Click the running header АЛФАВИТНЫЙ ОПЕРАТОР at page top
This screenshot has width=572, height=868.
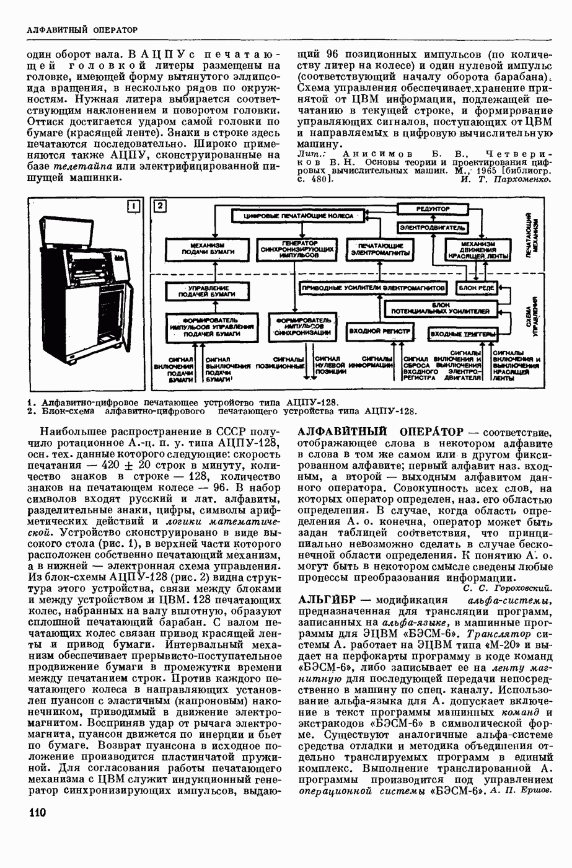[82, 29]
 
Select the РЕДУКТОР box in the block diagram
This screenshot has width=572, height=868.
[433, 209]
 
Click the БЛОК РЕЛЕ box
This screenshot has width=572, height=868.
[475, 288]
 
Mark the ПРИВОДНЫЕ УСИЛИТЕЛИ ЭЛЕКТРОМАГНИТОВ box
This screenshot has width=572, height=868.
[373, 288]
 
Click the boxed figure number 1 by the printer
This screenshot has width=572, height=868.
[133, 207]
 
